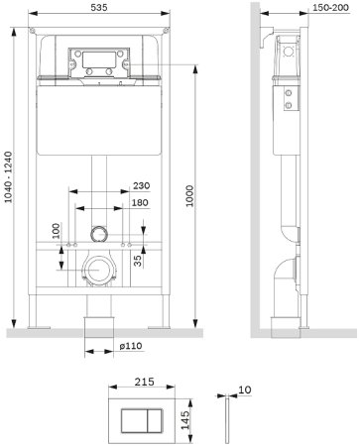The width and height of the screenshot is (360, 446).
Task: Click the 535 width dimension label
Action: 99,7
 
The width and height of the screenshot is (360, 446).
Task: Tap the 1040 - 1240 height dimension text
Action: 8,177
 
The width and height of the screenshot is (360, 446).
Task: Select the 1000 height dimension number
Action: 189,196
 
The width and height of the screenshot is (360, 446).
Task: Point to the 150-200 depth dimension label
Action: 330,7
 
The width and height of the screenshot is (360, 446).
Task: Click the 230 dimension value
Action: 142,185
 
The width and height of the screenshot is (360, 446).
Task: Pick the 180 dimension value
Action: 140,202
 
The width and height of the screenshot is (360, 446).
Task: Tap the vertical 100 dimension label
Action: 57,231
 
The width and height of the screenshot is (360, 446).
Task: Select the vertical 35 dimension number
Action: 138,261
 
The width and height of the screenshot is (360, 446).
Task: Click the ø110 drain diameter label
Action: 131,346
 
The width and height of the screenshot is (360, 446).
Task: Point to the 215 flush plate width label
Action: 145,382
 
